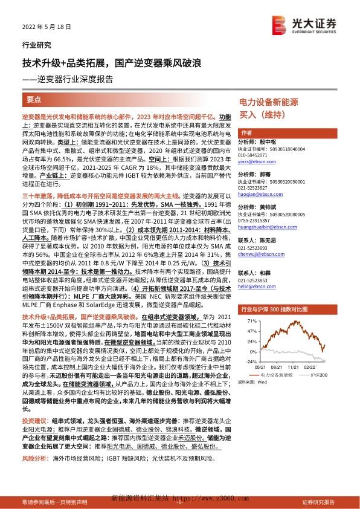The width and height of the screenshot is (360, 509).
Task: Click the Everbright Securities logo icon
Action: pos(278,25)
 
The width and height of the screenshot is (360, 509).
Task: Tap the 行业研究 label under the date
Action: pos(36,45)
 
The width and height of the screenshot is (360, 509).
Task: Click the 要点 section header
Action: pos(34,99)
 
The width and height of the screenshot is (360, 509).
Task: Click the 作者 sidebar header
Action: pos(246,132)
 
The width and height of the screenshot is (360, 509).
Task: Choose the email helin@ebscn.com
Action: pos(255,288)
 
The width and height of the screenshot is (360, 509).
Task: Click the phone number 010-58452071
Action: pos(257,156)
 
